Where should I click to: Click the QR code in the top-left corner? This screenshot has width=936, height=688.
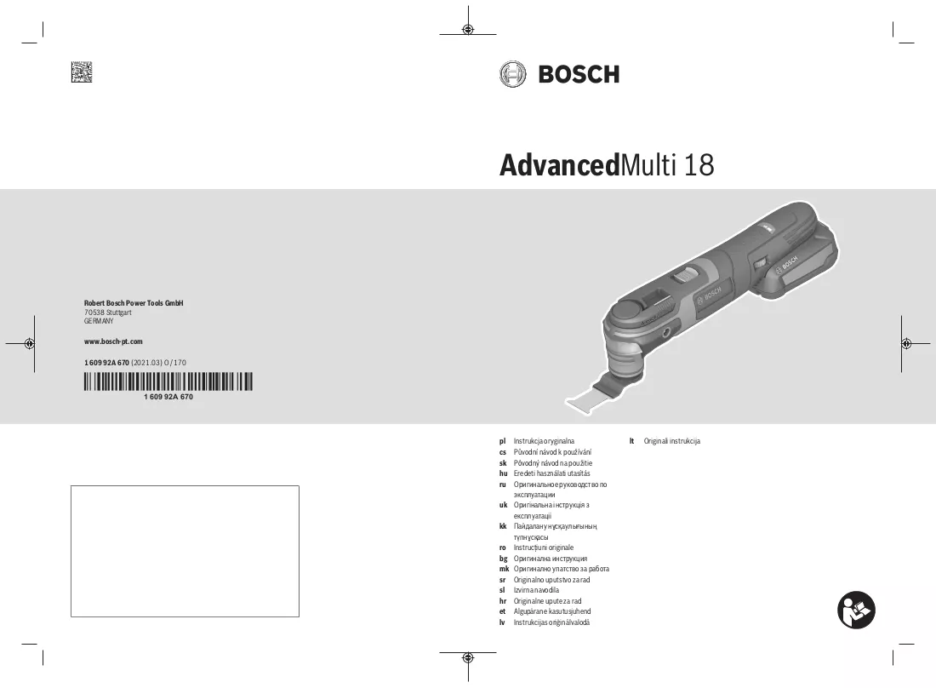click(x=82, y=72)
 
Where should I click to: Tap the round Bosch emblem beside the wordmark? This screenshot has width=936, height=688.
click(x=513, y=75)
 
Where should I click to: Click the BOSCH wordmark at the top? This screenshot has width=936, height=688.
click(x=579, y=75)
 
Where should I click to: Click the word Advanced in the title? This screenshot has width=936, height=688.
click(x=560, y=165)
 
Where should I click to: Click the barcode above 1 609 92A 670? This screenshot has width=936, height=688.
click(x=168, y=381)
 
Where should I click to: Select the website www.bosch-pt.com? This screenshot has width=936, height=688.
click(x=113, y=341)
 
